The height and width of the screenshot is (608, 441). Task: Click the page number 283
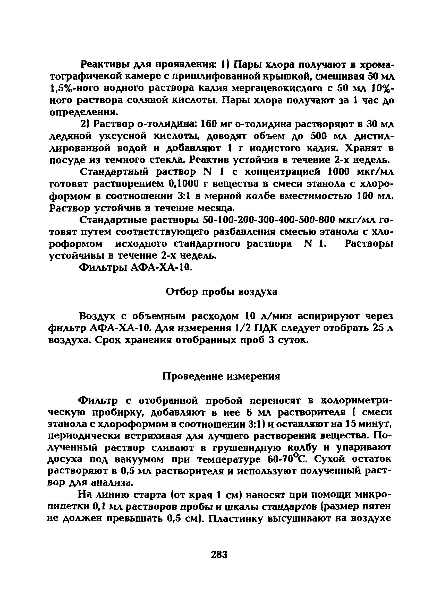(x=219, y=554)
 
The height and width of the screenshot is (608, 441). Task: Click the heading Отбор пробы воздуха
(x=221, y=292)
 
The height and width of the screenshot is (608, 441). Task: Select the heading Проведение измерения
(x=221, y=376)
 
